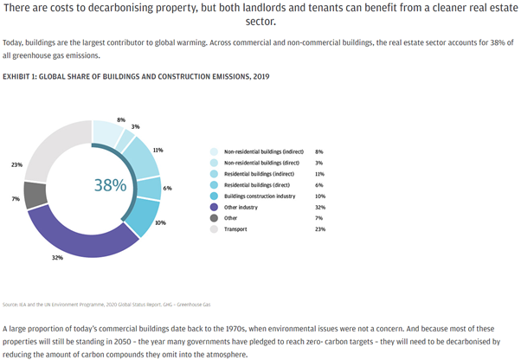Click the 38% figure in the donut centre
click(x=110, y=184)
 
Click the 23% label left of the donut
click(x=15, y=164)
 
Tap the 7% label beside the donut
click(x=15, y=199)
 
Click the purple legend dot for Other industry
click(x=213, y=207)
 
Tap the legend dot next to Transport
click(x=213, y=229)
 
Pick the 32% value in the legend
click(x=318, y=207)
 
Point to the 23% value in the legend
click(x=318, y=229)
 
